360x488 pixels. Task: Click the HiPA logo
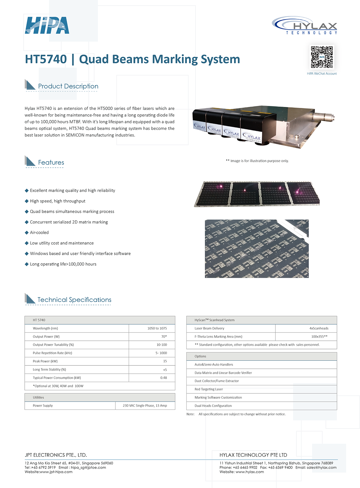[x=47, y=25]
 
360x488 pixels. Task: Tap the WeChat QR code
[x=322, y=57]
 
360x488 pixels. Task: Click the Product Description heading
[x=68, y=86]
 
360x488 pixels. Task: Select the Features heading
[x=51, y=163]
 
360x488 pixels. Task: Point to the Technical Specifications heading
[x=74, y=300]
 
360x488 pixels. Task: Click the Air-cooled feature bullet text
[x=39, y=233]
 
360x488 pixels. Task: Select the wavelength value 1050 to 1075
[x=157, y=328]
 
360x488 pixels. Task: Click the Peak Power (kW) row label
[x=45, y=361]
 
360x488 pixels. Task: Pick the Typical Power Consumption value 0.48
[x=163, y=378]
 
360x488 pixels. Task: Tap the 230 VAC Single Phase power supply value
[x=145, y=406]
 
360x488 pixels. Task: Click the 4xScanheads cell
[x=319, y=328]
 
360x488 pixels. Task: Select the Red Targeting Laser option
[x=209, y=389]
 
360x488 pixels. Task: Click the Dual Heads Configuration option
[x=213, y=406]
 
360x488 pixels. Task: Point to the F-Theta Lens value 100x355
[x=319, y=336]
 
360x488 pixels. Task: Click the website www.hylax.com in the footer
[x=250, y=472]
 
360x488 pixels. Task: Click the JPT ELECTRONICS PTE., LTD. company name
[x=56, y=455]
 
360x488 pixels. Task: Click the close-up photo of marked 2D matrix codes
[x=257, y=248]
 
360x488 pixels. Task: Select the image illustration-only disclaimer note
[x=257, y=161]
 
